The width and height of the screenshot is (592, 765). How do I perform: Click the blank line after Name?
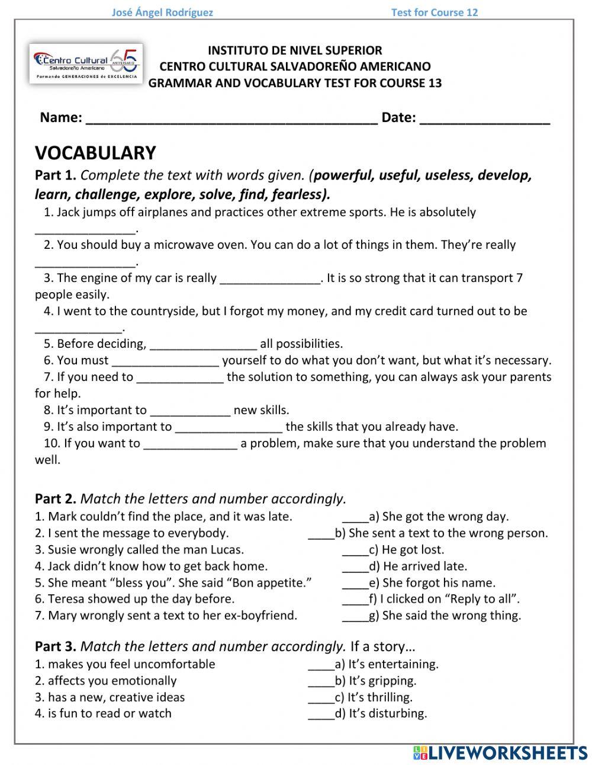231,119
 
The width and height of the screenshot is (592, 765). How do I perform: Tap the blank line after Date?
484,119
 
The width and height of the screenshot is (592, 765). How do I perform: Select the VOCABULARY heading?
95,153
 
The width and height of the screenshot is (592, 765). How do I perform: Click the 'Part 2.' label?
56,499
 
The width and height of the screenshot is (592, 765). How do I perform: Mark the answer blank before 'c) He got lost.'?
355,550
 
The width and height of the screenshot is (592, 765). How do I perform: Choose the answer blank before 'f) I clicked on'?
355,600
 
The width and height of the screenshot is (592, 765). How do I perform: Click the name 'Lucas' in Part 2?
226,549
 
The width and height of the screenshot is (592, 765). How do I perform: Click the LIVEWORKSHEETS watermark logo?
500,753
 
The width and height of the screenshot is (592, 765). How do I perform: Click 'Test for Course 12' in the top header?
434,12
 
